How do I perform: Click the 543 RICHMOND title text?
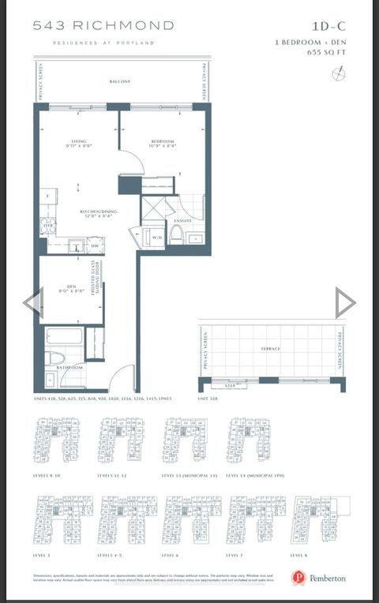pos(94,25)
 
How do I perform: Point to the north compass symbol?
pos(338,73)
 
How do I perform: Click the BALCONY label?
pos(120,82)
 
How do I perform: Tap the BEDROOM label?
pos(163,143)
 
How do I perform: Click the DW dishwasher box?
pos(94,245)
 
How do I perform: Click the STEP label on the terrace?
pos(231,387)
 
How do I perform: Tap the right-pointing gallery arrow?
pos(345,302)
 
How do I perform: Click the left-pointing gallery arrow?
pos(32,302)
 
